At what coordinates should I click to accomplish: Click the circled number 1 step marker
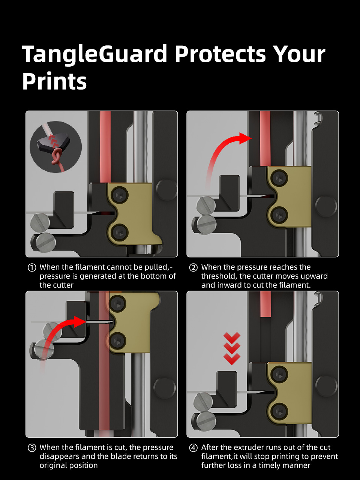point(32,267)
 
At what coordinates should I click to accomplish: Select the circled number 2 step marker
point(193,267)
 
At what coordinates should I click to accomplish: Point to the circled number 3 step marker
point(32,448)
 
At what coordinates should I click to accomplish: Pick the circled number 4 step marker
point(193,448)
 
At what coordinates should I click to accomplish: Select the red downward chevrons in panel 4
point(232,348)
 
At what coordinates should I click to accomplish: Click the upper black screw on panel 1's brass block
point(120,195)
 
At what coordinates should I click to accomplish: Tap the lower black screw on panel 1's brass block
point(120,232)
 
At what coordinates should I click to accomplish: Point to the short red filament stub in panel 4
point(265,304)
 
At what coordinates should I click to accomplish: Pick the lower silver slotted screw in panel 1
point(45,243)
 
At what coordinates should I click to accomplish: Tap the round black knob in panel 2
point(326,206)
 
